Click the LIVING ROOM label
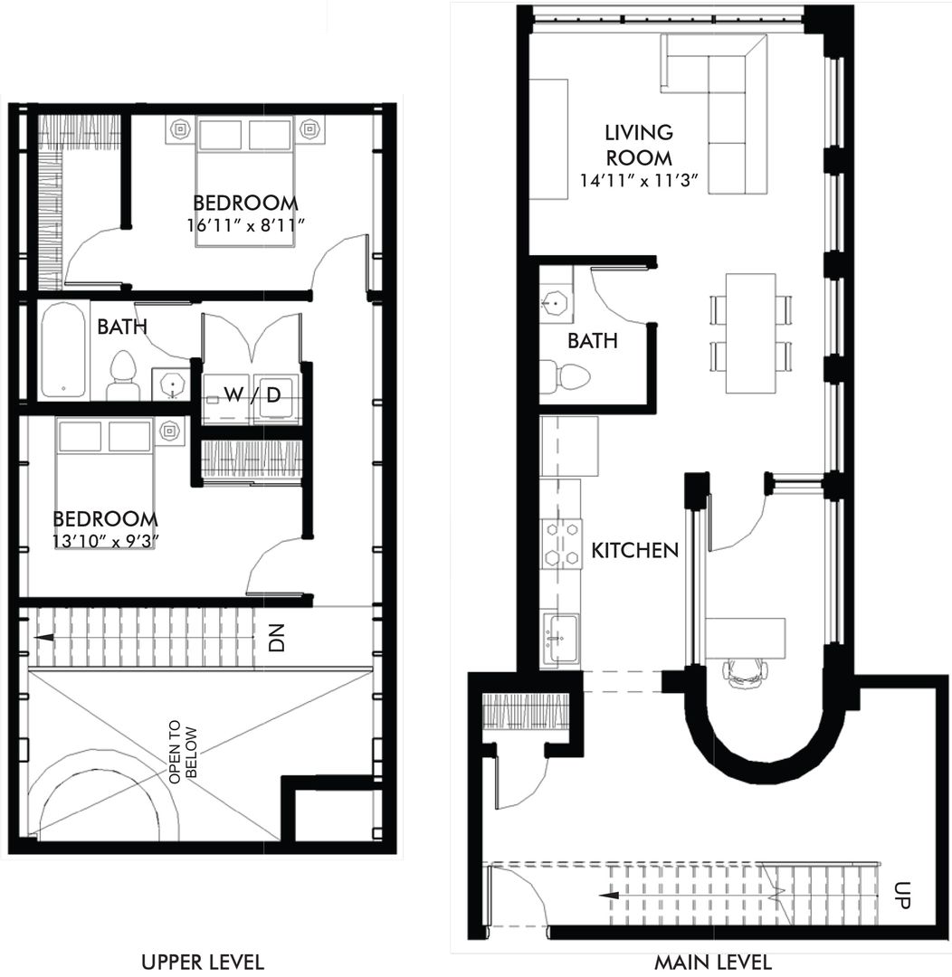tap(639, 145)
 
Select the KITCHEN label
tap(634, 550)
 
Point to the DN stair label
tap(277, 639)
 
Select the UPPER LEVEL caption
tap(203, 961)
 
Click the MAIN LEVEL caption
tap(713, 961)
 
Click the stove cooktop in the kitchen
tap(561, 544)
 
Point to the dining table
tap(750, 333)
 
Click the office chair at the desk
tap(745, 670)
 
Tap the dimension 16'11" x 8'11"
tap(243, 225)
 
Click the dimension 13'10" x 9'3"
tap(105, 543)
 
